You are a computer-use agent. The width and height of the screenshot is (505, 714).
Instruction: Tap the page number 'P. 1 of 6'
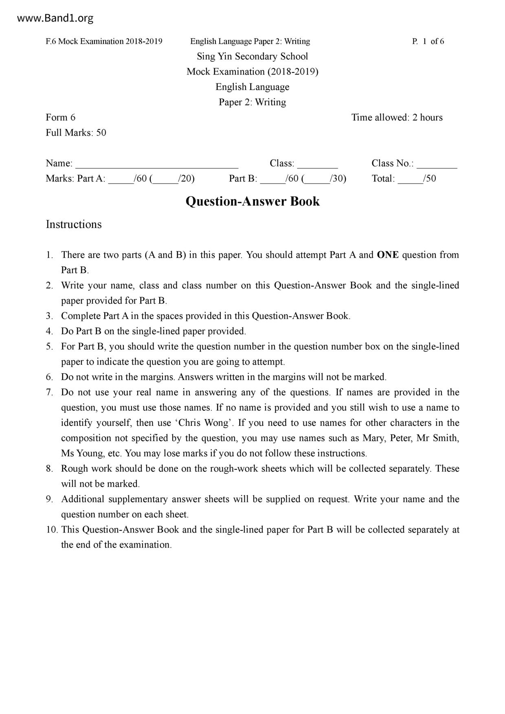click(428, 41)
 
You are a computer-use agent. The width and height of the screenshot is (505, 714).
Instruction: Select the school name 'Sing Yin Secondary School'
click(252, 56)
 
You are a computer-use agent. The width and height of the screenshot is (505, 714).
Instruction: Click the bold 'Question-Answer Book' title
click(253, 201)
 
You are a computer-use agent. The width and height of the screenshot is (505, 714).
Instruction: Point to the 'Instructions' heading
click(74, 224)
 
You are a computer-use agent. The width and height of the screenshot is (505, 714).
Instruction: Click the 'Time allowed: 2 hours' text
click(397, 117)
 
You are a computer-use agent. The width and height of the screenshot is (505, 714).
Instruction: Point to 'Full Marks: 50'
click(76, 133)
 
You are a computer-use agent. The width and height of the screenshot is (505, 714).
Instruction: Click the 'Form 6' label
click(61, 117)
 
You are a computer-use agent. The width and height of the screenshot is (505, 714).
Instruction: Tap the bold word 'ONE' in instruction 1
click(388, 255)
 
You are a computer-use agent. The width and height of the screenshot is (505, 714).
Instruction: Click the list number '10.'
click(51, 530)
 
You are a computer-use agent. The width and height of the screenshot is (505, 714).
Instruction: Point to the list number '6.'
click(50, 377)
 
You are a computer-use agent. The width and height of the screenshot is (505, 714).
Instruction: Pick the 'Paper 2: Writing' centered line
click(252, 102)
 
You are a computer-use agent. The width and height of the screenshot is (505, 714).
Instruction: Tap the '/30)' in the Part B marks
click(338, 178)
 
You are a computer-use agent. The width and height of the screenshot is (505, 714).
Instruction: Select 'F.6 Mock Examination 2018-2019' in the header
click(104, 41)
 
